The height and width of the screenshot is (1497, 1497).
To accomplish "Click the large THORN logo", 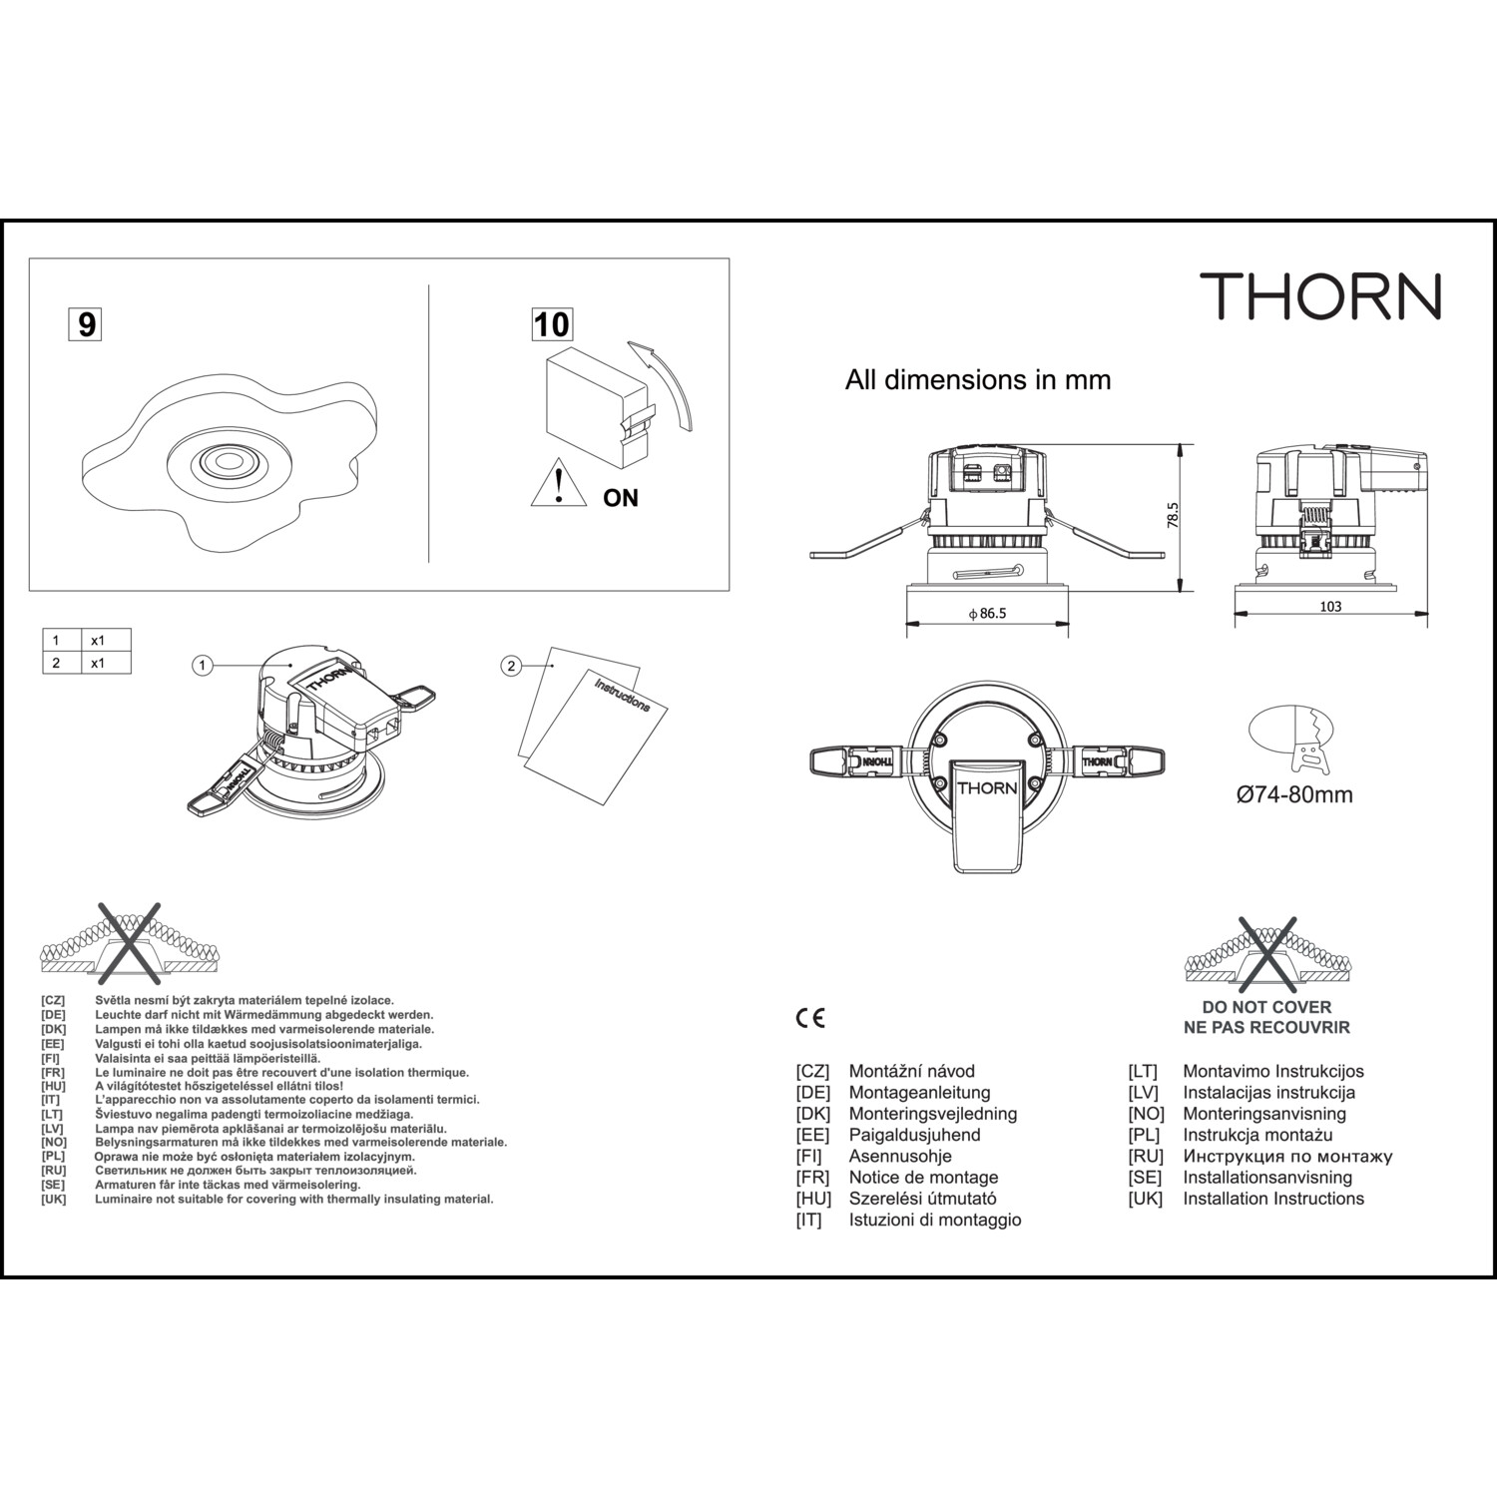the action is [x=1320, y=295].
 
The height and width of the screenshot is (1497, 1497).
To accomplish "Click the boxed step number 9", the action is [x=87, y=324].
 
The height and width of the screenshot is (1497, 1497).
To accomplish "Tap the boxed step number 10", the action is [x=552, y=324].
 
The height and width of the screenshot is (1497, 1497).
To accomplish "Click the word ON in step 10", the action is [x=621, y=497].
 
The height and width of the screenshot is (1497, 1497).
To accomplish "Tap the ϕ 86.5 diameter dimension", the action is [x=987, y=614].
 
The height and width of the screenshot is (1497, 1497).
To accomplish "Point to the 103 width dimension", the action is [x=1330, y=606].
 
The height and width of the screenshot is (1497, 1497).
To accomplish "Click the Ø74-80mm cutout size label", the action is [x=1294, y=795].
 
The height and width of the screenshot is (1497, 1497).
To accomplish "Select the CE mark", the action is [x=810, y=1018].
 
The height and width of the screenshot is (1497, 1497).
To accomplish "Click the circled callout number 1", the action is [x=203, y=665].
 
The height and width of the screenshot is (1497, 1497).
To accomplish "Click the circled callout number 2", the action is [x=511, y=666].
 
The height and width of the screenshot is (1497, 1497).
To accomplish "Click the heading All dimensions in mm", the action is [x=978, y=380].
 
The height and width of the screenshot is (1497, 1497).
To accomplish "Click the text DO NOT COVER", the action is [x=1266, y=1007].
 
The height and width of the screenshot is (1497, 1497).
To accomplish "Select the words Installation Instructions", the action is [x=1273, y=1199].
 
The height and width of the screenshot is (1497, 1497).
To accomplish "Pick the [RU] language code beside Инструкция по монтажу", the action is [x=1146, y=1156].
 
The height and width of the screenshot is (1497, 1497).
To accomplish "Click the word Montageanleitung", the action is [x=919, y=1093].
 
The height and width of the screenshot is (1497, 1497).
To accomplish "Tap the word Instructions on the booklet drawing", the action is [x=622, y=696].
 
